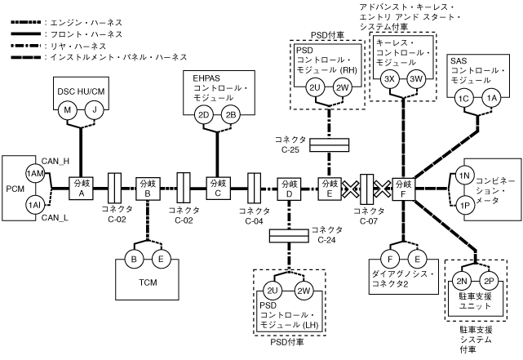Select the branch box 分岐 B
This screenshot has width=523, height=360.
click(x=148, y=189)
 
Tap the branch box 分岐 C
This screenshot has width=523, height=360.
click(x=218, y=189)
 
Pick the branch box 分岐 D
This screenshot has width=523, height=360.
click(x=289, y=189)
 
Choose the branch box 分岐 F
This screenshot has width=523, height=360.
click(x=403, y=189)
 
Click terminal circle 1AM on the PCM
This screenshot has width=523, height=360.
click(x=34, y=174)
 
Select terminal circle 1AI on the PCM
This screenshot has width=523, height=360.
click(x=34, y=204)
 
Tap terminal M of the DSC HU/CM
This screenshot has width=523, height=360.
click(x=69, y=109)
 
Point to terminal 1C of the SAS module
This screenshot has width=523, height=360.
click(x=465, y=98)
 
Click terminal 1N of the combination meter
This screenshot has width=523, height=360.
click(x=462, y=176)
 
